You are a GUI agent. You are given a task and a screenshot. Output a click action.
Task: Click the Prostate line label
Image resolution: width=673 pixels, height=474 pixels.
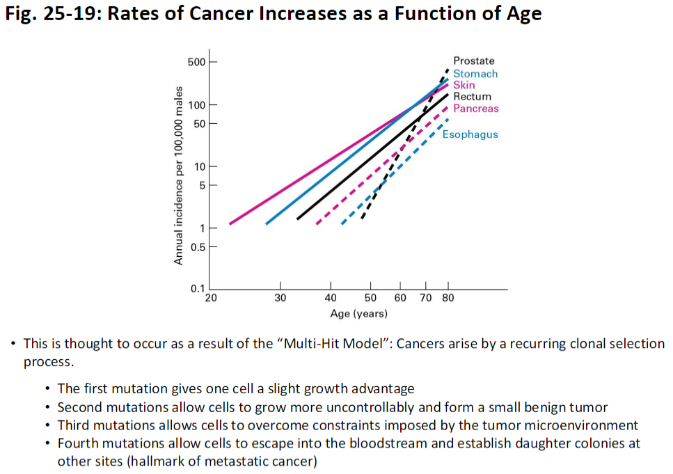473,61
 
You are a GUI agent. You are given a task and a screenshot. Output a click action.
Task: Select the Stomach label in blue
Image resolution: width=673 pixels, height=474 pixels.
475,73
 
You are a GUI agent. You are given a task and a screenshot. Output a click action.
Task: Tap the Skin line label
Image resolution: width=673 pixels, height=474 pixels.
464,85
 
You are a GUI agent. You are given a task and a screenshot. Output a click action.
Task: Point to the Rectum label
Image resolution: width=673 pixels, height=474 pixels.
472,97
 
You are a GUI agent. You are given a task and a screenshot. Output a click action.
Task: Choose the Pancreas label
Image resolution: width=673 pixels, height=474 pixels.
476,109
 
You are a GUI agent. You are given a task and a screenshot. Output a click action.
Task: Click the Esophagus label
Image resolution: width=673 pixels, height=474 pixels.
470,134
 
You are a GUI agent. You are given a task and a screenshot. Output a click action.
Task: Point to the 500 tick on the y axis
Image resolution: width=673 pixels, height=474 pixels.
196,62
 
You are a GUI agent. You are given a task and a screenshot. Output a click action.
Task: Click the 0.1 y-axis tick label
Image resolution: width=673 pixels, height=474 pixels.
198,289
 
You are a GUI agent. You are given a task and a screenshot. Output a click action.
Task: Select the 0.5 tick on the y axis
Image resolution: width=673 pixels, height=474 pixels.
198,247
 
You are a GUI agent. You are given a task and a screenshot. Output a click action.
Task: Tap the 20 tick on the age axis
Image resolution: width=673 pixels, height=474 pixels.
211,298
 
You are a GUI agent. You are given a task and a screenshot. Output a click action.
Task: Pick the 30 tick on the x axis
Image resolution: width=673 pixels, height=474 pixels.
280,298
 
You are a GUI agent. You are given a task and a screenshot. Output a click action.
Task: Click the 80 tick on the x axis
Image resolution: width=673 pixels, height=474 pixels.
448,298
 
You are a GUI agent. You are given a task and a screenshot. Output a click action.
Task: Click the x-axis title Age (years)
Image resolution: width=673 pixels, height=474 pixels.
358,314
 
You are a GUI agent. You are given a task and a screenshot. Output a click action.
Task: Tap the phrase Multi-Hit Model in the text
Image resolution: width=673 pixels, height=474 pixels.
342,344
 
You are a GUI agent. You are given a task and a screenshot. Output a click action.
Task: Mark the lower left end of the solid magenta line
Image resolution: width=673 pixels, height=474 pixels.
230,223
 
